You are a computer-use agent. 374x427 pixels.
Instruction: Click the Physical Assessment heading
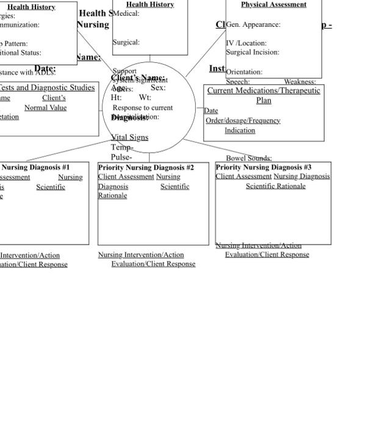pos(273,4)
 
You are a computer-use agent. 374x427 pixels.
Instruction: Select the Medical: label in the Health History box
pos(126,13)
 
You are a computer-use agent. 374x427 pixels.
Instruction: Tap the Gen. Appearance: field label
pos(253,25)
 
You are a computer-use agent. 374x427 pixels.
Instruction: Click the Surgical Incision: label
pos(253,52)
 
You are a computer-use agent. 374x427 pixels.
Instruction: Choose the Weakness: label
pos(300,82)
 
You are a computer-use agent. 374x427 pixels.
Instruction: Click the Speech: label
pos(237,82)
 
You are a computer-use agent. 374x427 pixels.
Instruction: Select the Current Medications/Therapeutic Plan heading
pos(264,95)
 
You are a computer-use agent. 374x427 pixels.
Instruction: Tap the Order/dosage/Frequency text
pos(243,121)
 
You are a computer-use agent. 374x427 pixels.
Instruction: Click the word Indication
pos(240,131)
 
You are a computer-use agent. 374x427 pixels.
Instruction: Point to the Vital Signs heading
pos(129,137)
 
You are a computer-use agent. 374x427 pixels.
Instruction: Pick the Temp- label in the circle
pos(122,148)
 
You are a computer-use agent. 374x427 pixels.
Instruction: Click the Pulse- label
pos(121,157)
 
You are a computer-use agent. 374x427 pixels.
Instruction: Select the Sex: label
pos(158,88)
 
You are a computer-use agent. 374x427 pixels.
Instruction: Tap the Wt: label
pos(145,98)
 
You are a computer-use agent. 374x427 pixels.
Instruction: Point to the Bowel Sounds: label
pos(248,159)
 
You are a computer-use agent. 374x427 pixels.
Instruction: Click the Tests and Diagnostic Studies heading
pos(47,88)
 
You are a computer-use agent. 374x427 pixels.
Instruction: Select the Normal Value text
pos(45,108)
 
